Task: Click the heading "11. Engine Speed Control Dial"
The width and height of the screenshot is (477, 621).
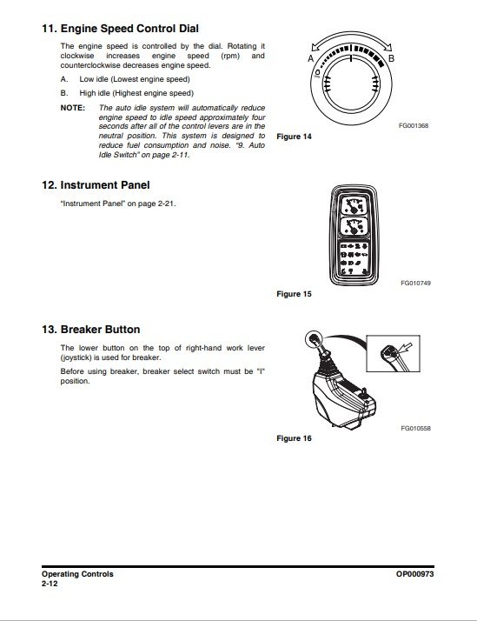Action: (x=120, y=29)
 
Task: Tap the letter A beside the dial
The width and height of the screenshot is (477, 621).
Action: (x=310, y=58)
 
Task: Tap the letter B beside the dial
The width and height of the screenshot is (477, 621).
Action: (x=391, y=58)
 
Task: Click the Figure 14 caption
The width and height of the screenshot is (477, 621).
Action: (x=294, y=137)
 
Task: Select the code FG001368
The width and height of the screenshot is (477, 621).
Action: (x=414, y=125)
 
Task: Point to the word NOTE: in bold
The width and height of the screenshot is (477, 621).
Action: (x=73, y=108)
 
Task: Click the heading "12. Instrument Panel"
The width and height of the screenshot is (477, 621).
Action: (x=96, y=185)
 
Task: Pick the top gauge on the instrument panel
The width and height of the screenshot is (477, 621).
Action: (x=354, y=205)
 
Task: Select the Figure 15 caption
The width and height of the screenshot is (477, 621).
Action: (x=294, y=294)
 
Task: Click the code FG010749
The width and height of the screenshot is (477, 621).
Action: (x=415, y=284)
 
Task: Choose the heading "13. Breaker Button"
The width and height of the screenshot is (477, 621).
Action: (x=91, y=330)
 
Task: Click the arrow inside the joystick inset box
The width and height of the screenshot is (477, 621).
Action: (x=406, y=348)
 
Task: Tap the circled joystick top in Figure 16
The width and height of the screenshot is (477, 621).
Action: (x=314, y=339)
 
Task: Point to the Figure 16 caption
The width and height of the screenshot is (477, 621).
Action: (x=294, y=438)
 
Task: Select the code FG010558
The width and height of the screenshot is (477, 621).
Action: (x=415, y=428)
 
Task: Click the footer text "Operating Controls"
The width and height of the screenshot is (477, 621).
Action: (x=77, y=574)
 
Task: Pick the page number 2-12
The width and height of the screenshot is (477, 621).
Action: (x=50, y=584)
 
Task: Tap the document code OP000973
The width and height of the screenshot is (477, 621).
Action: (x=415, y=574)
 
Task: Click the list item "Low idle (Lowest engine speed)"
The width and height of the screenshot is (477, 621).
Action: (x=135, y=79)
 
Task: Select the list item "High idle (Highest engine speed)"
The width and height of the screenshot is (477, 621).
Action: (x=136, y=93)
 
